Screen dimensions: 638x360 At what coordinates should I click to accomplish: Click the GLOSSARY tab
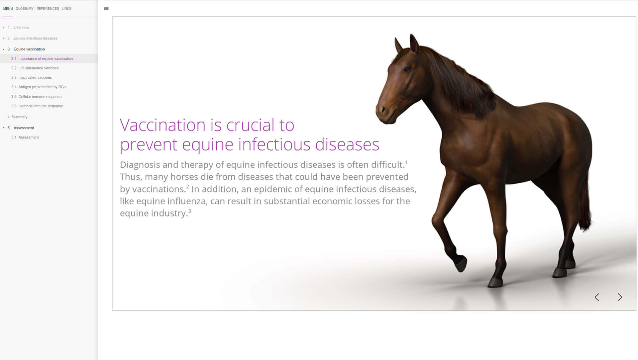(x=25, y=9)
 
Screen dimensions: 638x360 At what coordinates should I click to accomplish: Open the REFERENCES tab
(x=48, y=9)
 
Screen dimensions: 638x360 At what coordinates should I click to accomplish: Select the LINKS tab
(x=66, y=9)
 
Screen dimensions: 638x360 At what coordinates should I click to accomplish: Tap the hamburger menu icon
(x=106, y=8)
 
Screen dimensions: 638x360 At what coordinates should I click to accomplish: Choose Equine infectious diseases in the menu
(x=35, y=38)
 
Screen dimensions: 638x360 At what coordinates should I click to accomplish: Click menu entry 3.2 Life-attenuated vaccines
(x=35, y=68)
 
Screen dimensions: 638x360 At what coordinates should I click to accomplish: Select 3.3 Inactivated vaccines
(x=32, y=78)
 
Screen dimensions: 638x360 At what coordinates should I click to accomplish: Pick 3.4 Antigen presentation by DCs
(x=39, y=87)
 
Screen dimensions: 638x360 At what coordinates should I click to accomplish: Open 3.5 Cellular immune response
(x=37, y=97)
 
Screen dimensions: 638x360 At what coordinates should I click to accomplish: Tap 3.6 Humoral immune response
(x=37, y=106)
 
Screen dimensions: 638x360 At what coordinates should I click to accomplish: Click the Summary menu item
(x=18, y=117)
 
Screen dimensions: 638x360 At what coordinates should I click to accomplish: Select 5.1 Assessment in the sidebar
(x=25, y=137)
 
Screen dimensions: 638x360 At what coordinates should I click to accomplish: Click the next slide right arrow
(x=620, y=297)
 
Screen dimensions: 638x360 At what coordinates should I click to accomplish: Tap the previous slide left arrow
(x=597, y=297)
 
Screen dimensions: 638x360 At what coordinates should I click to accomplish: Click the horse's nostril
(x=382, y=109)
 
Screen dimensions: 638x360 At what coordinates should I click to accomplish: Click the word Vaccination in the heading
(x=162, y=125)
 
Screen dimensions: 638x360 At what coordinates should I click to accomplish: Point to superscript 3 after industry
(x=190, y=211)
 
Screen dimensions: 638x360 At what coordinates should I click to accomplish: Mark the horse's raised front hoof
(x=461, y=264)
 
